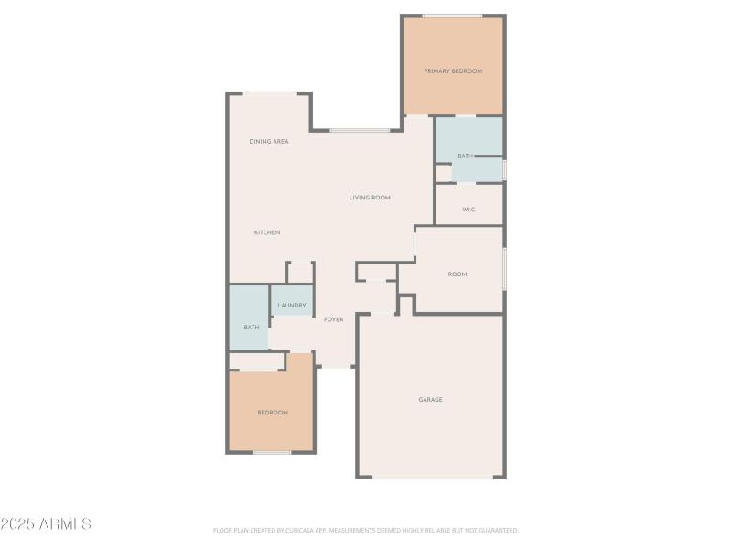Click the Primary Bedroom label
453,70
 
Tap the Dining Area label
269,142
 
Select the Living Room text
370,198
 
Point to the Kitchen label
267,232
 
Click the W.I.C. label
468,210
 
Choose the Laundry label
292,305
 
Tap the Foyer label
334,319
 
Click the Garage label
431,399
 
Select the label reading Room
457,274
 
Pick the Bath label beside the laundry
251,328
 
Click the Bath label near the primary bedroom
466,156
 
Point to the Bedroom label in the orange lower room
273,413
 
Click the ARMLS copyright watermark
46,524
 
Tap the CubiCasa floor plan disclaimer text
366,530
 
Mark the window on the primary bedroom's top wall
452,16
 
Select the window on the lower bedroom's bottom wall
272,452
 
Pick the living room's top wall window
360,130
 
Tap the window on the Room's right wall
503,268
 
